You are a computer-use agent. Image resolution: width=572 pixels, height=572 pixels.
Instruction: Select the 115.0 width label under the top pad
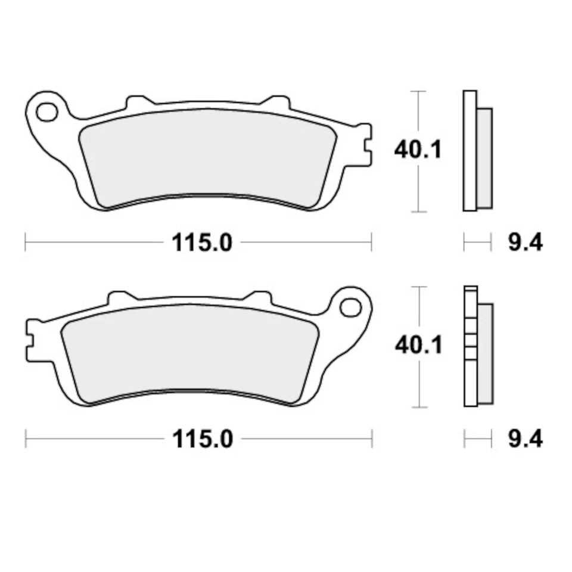201,243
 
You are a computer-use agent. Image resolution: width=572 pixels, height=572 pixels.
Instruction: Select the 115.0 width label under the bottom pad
201,439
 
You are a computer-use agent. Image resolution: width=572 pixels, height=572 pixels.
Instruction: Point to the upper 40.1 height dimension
418,150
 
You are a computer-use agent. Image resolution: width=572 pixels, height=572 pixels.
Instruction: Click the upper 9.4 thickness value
525,243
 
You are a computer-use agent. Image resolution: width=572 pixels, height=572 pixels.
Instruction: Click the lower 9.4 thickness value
525,439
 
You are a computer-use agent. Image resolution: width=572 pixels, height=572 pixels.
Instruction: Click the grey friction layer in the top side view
485,158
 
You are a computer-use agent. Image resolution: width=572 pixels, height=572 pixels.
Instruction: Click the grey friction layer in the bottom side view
485,353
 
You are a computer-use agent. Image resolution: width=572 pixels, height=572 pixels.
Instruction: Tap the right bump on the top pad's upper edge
275,102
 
